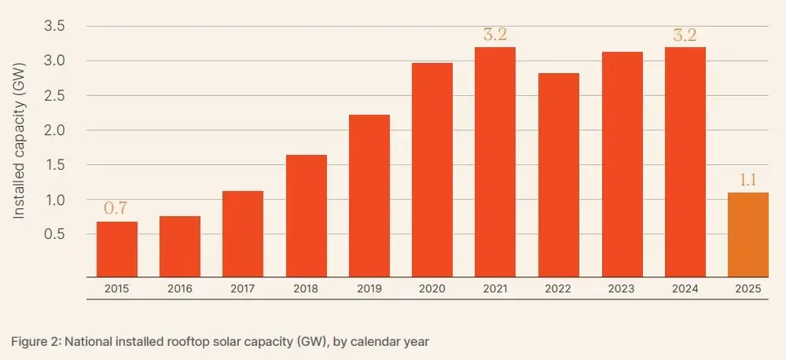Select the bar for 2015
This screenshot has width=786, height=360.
tap(117, 249)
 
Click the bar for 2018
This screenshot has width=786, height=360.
tap(306, 215)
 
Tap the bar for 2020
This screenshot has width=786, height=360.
tap(432, 170)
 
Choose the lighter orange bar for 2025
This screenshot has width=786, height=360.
tap(747, 234)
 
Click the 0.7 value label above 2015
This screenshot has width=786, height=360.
tap(116, 208)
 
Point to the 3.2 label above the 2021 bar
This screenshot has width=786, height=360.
tap(494, 34)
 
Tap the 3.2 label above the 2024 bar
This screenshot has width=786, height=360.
tap(684, 34)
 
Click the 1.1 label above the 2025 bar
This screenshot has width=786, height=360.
tap(747, 179)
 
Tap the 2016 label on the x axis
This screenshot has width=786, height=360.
tap(180, 289)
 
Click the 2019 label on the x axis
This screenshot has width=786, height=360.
tap(369, 289)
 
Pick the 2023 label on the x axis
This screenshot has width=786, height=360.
tap(621, 289)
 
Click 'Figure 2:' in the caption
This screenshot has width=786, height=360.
tap(35, 341)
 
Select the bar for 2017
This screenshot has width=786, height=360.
tap(243, 233)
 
